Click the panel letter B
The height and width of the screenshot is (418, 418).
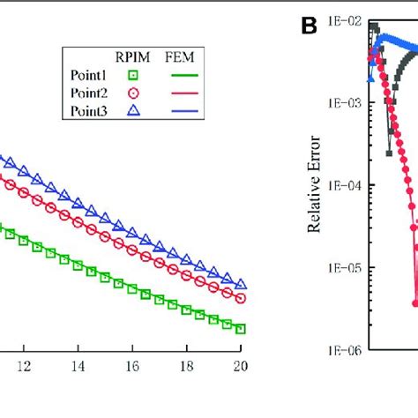pos(309,27)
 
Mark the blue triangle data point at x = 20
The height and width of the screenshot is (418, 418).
pos(240,285)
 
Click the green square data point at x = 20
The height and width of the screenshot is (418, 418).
pos(240,327)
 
